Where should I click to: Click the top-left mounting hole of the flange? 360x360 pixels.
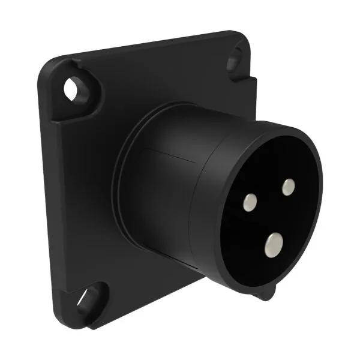pos(73,89)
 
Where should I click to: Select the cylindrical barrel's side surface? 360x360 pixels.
pos(180,204)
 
